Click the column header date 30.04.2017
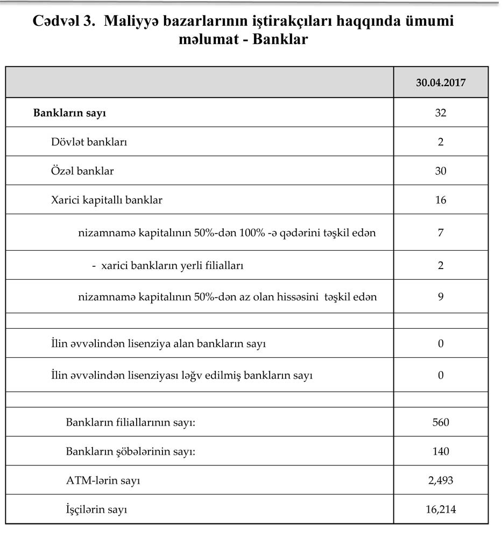[440, 83]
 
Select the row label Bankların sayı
[69, 113]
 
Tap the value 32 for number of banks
[440, 113]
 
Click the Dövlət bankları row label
[89, 142]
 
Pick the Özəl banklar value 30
[440, 171]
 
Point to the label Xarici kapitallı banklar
[107, 200]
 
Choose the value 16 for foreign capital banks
[440, 200]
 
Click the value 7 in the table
[440, 233]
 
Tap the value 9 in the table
[440, 296]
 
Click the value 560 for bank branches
[440, 422]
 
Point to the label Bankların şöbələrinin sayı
[130, 451]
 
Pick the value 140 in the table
[440, 451]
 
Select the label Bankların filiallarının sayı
[130, 422]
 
